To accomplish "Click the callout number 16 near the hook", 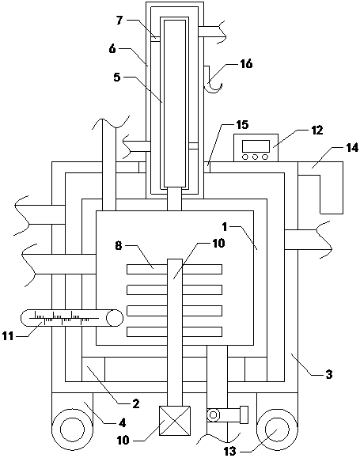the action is pos(246,63).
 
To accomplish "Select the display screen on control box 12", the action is pos(256,146).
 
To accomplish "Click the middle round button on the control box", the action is pos(255,157).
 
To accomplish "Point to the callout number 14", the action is pos(352,147).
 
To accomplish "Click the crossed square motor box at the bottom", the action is pos(175,421).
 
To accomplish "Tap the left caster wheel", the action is pos(72,430).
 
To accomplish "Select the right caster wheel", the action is pos(277,430).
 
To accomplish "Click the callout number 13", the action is pos(230,452).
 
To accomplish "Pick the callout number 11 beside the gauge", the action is pos(8,336).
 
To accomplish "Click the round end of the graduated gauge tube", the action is pos(115,318).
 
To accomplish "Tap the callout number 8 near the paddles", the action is pos(118,246).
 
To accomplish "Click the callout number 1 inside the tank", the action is pos(225,226).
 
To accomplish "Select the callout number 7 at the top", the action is pos(120,21).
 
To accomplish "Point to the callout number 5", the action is pos(117,78).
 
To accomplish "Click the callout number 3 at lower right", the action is pos(329,374).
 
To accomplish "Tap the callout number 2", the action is pos(136,403).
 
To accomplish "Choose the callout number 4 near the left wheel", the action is pos(122,422).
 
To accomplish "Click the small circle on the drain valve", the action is pos(214,414).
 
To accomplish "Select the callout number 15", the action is pos(242,125).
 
